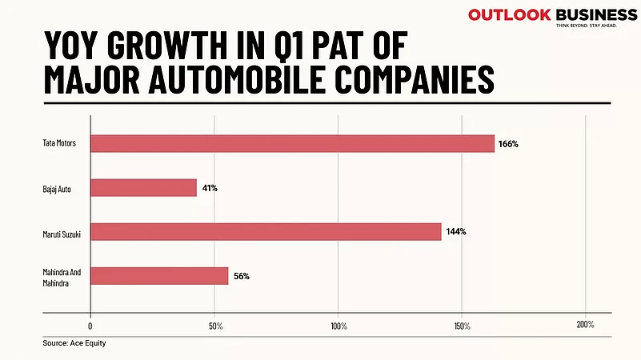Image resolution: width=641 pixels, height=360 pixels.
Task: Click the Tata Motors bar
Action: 292,144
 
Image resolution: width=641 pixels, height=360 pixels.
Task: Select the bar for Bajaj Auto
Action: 143,188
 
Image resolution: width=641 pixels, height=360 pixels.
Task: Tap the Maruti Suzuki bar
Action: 266,232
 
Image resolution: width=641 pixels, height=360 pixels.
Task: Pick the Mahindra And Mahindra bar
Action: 159,276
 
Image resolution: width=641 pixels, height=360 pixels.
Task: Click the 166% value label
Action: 509,144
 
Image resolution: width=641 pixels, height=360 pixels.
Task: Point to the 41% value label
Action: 209,188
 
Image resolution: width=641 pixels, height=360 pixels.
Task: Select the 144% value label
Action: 456,232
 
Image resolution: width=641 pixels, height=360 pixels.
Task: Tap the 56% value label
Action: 242,276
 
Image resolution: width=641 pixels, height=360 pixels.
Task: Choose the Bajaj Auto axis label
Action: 59,188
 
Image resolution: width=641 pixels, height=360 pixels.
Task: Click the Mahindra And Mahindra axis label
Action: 62,276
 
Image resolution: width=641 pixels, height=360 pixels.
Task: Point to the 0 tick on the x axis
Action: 90,326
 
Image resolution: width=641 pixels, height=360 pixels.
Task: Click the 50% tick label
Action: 214,326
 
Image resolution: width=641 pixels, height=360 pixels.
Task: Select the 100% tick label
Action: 338,326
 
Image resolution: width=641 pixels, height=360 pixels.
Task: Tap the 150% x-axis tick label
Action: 462,326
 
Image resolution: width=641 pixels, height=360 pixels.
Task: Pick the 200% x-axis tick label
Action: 585,325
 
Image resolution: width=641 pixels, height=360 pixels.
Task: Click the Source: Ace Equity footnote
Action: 74,343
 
